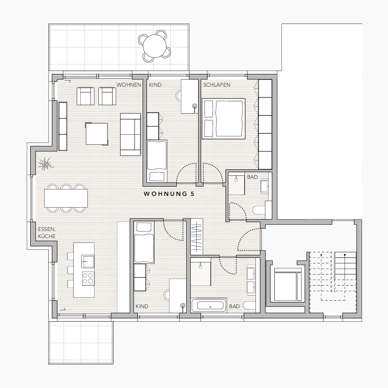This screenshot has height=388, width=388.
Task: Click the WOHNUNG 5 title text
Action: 169,194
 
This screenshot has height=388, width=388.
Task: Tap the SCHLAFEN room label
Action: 217,85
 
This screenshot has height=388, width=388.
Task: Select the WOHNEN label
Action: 129,85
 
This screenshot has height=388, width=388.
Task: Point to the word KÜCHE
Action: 47,236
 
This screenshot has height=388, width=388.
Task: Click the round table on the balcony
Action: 155,46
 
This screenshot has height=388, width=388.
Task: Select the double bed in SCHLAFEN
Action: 223,119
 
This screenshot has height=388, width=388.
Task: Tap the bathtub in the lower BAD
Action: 209,305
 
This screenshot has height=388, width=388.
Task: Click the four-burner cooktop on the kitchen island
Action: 88,278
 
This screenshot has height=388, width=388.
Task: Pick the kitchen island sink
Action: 88,261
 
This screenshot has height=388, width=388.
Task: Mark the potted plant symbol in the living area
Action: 46,164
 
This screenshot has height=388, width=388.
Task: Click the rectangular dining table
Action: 66,198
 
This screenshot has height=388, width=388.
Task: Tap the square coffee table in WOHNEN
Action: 97,134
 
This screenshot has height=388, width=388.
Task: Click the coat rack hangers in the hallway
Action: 197,237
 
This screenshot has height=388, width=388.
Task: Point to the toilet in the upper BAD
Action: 259,210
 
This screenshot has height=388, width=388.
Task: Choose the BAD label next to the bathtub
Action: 234,306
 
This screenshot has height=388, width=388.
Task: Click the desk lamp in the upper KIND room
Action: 195,107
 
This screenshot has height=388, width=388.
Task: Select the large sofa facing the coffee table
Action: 130,134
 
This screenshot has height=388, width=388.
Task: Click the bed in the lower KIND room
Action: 144,242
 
